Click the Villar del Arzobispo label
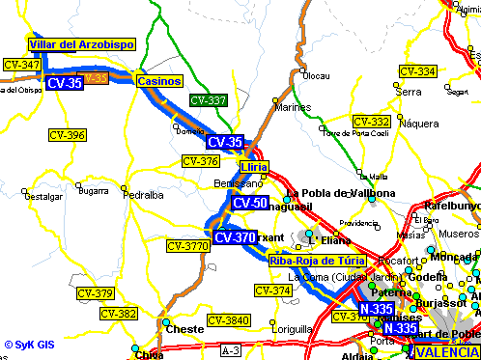click(x=81, y=44)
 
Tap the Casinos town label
click(x=158, y=81)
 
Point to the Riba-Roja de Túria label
click(x=317, y=260)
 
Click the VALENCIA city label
click(x=445, y=351)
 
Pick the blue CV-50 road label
click(x=250, y=203)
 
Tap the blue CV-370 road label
click(x=235, y=237)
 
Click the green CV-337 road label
click(x=209, y=100)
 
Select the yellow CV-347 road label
click(x=22, y=65)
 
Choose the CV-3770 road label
click(x=187, y=247)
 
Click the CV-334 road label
click(x=417, y=71)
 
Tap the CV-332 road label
click(x=371, y=122)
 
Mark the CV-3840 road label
click(x=229, y=320)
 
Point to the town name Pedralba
click(x=145, y=195)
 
